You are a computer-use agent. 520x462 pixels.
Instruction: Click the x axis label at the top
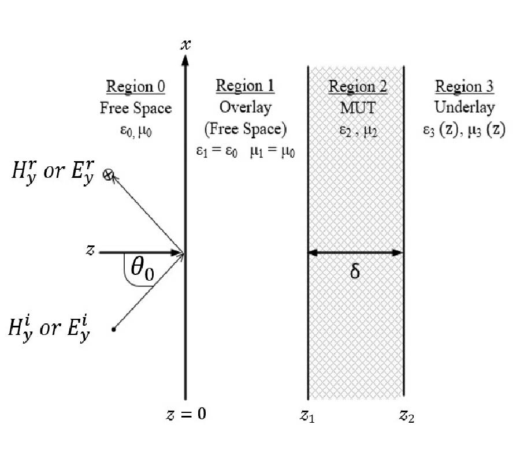click(x=185, y=44)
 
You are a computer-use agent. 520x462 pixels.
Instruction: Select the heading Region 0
click(x=136, y=87)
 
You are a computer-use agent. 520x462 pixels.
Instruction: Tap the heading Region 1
click(x=245, y=86)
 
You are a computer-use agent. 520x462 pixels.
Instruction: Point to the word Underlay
click(x=464, y=108)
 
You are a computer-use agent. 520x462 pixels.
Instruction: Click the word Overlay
click(x=245, y=107)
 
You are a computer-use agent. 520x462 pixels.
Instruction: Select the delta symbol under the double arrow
click(x=355, y=271)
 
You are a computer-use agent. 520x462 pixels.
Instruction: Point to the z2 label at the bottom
click(x=407, y=415)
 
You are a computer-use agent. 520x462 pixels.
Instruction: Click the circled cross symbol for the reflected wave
click(x=107, y=174)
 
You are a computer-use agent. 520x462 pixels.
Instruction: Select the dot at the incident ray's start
click(x=114, y=329)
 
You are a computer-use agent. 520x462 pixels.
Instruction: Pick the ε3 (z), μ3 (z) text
click(x=464, y=131)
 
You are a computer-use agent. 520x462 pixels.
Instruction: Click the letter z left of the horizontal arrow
click(x=90, y=251)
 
